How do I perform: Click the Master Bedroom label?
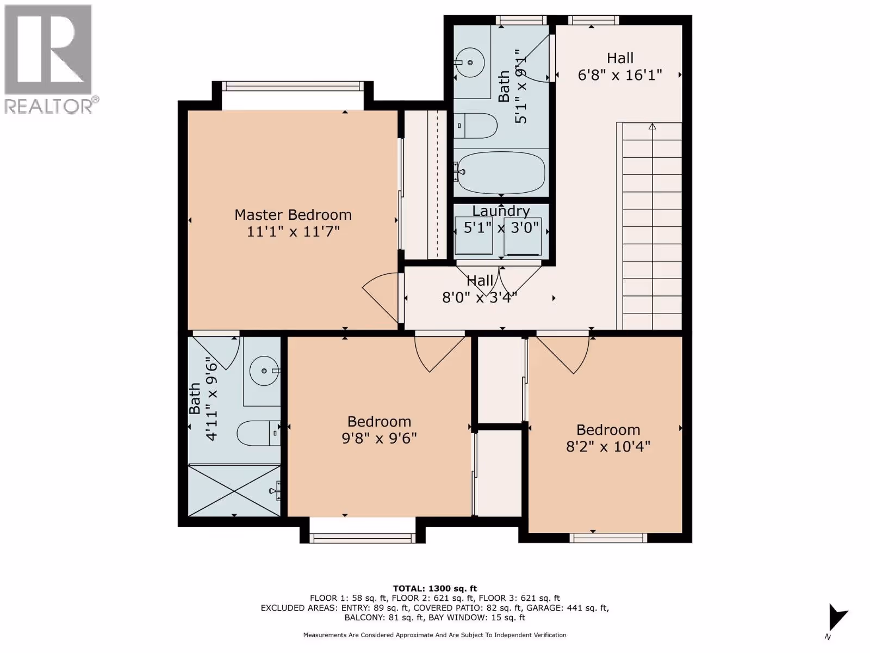pos(293,215)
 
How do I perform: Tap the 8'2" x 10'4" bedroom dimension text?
pos(608,447)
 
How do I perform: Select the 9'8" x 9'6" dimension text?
pos(380,439)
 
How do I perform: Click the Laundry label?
pos(501,211)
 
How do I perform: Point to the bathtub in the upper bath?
pos(501,173)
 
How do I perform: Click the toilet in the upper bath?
pos(475,126)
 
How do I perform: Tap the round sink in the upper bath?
pos(470,63)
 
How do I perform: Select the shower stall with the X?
pos(234,491)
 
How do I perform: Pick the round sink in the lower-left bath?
pos(264,371)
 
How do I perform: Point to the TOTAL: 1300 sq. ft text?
pos(435,589)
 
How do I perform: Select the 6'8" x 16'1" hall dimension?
pos(620,75)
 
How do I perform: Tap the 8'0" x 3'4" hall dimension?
pos(480,297)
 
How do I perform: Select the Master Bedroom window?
pos(293,86)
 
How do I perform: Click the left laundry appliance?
pos(474,236)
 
